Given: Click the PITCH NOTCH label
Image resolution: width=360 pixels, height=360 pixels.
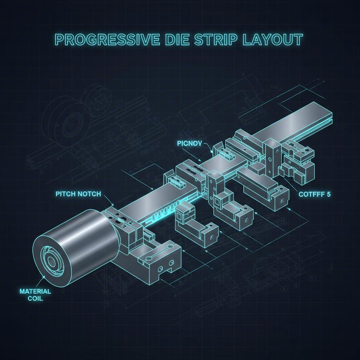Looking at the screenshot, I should pos(78,194).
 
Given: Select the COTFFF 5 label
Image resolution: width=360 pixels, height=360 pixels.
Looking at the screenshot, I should pos(314,194).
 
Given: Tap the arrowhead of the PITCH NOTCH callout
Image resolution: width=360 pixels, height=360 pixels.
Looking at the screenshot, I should pos(112,205).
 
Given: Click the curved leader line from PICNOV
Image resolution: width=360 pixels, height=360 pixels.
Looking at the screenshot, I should pos(207,148).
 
